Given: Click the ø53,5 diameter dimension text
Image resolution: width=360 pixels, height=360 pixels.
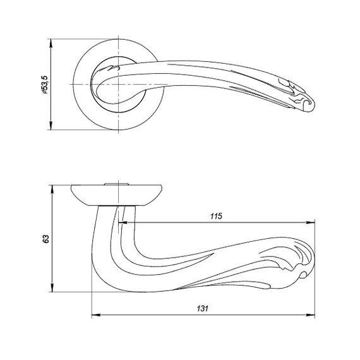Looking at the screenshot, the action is point(44,85).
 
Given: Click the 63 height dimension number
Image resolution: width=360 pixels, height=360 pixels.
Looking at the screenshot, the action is point(46,239).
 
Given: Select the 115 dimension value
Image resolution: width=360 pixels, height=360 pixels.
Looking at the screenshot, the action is point(216,216).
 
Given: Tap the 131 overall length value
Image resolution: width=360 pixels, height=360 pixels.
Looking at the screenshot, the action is point(202,308).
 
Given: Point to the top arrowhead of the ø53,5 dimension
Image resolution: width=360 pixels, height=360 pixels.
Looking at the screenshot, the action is point(51,43).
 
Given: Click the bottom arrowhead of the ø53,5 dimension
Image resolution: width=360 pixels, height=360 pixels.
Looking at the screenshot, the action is point(51,126).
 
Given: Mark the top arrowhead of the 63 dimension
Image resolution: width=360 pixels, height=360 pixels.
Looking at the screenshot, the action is point(52,189).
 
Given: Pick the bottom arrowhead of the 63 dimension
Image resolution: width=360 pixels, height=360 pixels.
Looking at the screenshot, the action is point(52,287).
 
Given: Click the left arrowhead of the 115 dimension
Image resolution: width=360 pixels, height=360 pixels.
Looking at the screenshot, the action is point(123,222).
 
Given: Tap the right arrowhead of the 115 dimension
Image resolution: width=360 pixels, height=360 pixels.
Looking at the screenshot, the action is point(310,222).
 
